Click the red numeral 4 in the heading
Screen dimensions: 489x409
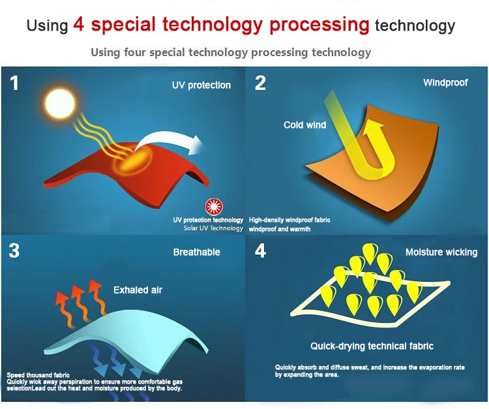[79, 24]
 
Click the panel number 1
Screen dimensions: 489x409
[14, 83]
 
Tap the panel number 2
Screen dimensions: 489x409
[260, 83]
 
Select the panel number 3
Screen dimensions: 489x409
[14, 250]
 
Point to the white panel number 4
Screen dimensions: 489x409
[260, 250]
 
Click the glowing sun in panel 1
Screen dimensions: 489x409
[60, 104]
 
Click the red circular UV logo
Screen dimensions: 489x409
[215, 207]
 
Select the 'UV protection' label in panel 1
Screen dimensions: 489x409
[201, 85]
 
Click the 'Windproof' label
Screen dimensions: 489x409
[445, 82]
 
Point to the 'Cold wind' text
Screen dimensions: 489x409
[304, 125]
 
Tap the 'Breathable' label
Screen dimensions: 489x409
[197, 252]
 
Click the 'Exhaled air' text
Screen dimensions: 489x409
[138, 290]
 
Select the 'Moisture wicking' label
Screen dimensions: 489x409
[441, 252]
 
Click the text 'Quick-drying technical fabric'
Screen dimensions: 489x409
[372, 346]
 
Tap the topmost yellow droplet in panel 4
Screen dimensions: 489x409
[370, 253]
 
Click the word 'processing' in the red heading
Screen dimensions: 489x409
[319, 25]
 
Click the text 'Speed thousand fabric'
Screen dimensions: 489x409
[38, 375]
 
